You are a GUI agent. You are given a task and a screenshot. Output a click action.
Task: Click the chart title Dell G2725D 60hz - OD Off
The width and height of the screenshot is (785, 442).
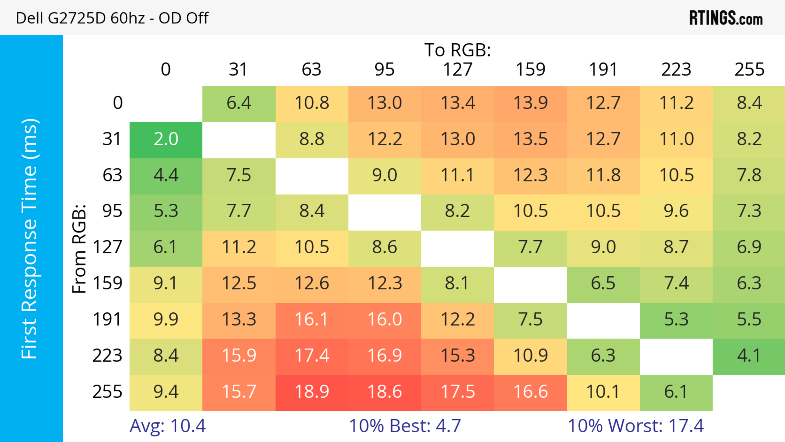[x=112, y=18]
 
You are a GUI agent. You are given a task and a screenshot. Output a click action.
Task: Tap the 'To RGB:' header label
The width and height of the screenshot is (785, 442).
[x=458, y=50]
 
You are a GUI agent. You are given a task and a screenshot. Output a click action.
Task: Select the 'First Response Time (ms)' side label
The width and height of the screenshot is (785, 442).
[x=30, y=238]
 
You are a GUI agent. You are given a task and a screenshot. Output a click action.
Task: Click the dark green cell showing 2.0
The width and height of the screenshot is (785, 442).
[x=166, y=139]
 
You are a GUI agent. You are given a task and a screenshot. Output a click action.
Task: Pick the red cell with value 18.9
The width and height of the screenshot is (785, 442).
[x=312, y=392]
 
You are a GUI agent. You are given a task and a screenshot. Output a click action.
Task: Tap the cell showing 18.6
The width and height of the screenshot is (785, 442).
[x=385, y=392]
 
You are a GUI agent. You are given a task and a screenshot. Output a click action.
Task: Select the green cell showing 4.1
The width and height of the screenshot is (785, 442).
[x=749, y=356]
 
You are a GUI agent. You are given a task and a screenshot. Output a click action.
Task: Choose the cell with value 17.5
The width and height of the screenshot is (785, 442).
[x=458, y=392]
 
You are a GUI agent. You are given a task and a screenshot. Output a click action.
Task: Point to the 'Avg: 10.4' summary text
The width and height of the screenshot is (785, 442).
[x=168, y=426]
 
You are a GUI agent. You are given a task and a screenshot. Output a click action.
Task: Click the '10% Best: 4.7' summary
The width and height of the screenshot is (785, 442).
[x=405, y=426]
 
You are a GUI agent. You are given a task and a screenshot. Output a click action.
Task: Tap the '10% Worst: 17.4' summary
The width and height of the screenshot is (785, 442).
[x=636, y=426]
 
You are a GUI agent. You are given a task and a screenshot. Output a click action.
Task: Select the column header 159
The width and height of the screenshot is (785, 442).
[x=530, y=70]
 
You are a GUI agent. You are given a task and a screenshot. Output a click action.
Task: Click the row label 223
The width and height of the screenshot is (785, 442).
[x=107, y=356]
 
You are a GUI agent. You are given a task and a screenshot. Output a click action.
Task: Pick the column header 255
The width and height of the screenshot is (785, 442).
[x=749, y=70]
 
